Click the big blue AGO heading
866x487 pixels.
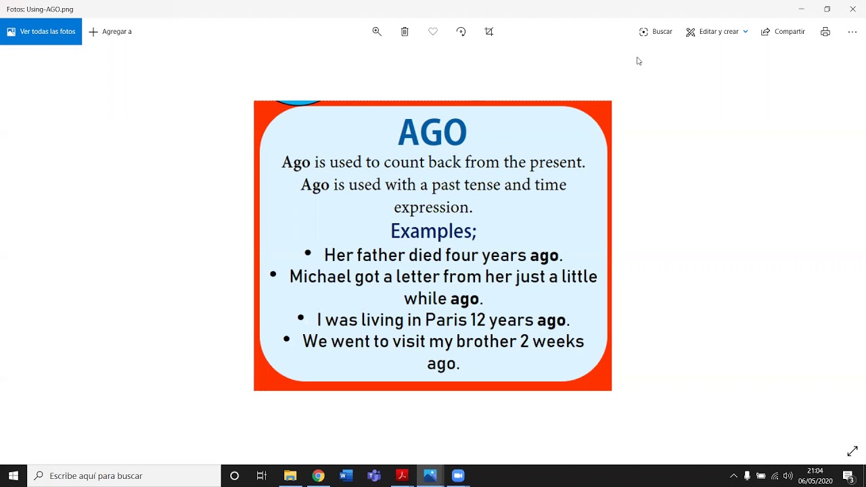tap(432, 133)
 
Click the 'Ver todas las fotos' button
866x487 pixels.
tap(41, 32)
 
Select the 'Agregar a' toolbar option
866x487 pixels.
tap(110, 32)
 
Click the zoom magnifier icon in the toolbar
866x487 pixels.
tap(377, 32)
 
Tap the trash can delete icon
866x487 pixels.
tap(405, 32)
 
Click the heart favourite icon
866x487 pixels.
tap(433, 32)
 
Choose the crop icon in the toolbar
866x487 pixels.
tap(489, 32)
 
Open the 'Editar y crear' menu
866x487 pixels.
tap(716, 32)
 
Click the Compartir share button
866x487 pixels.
tap(783, 32)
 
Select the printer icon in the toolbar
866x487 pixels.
tap(825, 32)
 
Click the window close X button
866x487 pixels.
tap(852, 9)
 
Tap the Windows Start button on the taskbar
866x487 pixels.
tap(13, 476)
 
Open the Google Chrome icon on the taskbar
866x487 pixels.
tap(318, 476)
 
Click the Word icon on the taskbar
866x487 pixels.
tap(346, 476)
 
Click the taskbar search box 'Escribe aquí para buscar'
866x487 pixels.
tap(125, 476)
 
